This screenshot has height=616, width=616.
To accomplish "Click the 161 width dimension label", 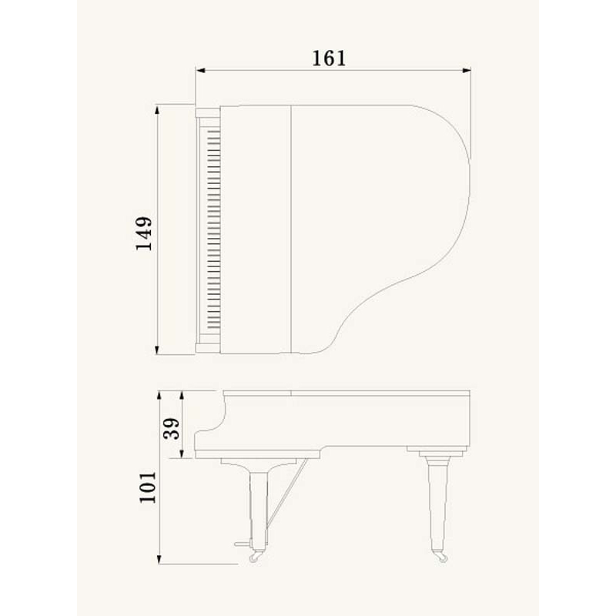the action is (329, 59).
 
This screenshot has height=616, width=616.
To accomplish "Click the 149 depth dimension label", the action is (144, 233).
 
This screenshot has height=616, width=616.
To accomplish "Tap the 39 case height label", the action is (172, 429).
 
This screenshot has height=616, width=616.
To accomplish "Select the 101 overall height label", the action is (148, 487).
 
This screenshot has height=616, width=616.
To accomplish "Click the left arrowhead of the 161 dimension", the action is (200, 71).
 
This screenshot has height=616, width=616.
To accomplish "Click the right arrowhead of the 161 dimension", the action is (467, 71).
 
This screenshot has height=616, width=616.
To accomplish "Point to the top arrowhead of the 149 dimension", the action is (158, 109).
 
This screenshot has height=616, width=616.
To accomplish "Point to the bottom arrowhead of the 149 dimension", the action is (158, 350).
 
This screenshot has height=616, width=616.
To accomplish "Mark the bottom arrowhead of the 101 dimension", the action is (159, 560).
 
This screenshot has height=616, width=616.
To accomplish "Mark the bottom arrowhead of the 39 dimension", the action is (182, 454).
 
